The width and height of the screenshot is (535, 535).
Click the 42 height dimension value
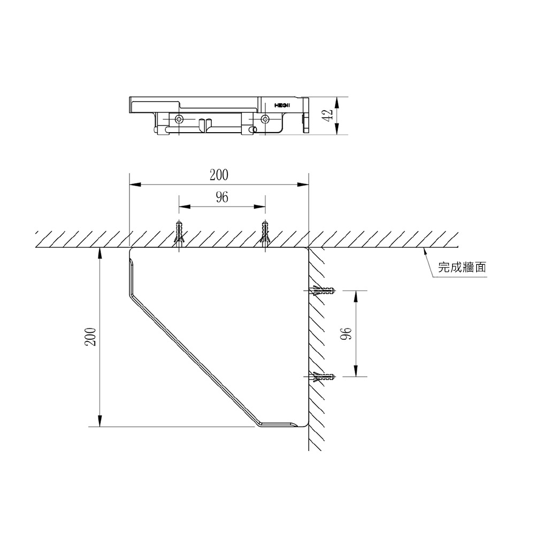[328, 115]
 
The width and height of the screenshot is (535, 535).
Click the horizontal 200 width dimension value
[219, 175]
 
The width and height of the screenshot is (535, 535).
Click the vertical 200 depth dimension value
[90, 337]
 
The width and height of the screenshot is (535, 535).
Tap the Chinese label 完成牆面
[462, 267]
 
